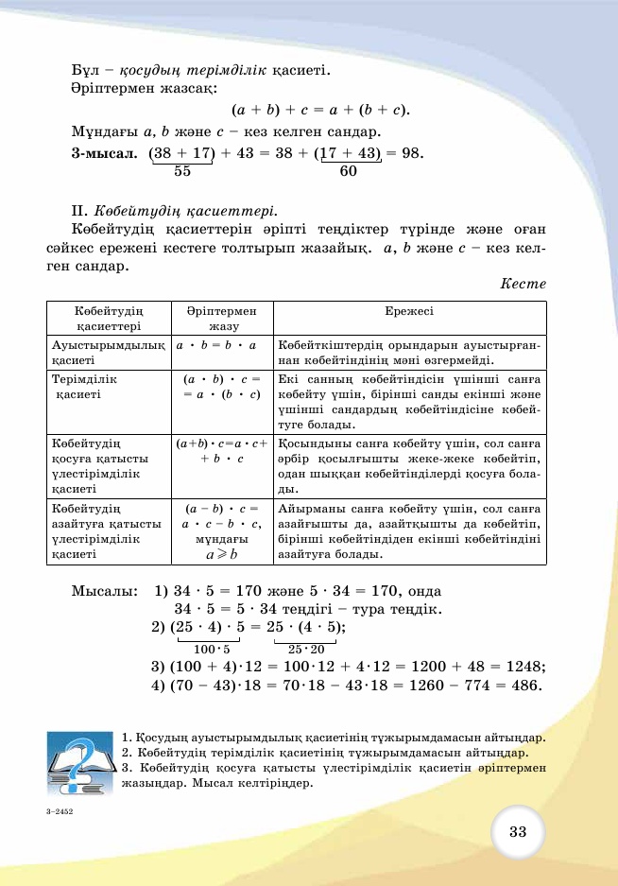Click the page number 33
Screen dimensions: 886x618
pyautogui.click(x=517, y=831)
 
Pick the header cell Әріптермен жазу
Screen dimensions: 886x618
pyautogui.click(x=222, y=318)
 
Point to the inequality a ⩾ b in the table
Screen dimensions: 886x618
pyautogui.click(x=222, y=554)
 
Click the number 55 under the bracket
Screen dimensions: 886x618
pyautogui.click(x=183, y=172)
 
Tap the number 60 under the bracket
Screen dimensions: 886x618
pyautogui.click(x=348, y=172)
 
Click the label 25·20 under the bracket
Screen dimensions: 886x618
pyautogui.click(x=306, y=649)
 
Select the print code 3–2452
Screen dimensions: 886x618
pyautogui.click(x=59, y=811)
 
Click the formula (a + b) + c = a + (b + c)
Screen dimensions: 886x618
pyautogui.click(x=320, y=110)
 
